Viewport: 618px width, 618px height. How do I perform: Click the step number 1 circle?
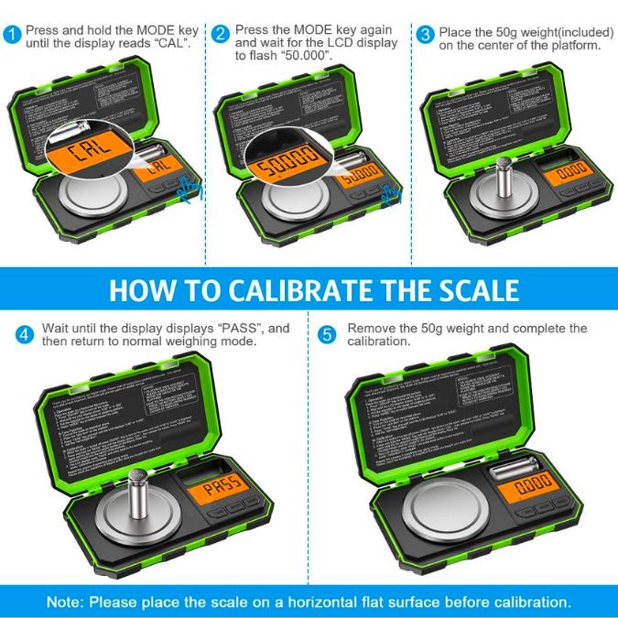pyautogui.click(x=12, y=35)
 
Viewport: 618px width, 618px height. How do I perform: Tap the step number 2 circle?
pyautogui.click(x=221, y=35)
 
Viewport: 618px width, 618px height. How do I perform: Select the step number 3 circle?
pyautogui.click(x=425, y=35)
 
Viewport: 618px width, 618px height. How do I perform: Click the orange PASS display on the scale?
pyautogui.click(x=221, y=484)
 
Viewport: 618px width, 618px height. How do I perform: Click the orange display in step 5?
pyautogui.click(x=534, y=484)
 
